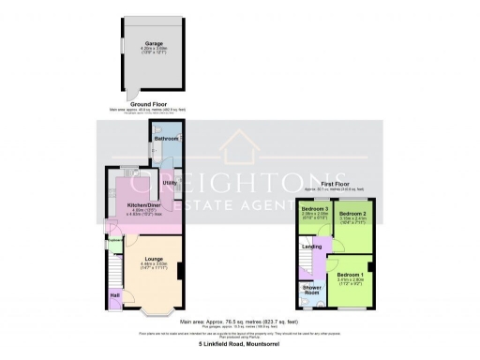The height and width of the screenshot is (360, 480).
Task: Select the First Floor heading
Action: coord(341,185)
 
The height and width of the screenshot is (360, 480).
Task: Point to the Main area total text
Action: coord(240,322)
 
